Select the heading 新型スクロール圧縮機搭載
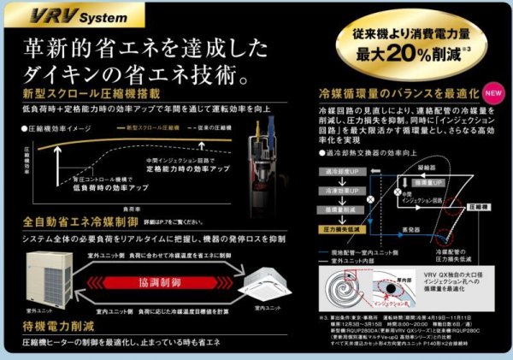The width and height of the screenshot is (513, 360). [83, 92]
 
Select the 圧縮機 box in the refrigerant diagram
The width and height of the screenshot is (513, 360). [486, 206]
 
